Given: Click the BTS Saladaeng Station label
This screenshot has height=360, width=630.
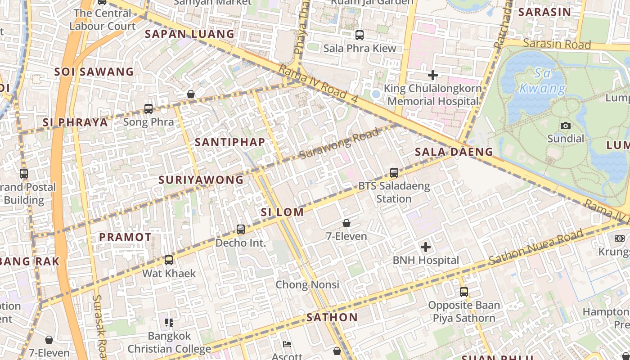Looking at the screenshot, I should point(394,192).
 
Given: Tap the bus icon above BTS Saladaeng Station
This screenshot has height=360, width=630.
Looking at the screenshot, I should point(394,172).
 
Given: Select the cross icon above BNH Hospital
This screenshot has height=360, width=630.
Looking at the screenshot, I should point(426,247).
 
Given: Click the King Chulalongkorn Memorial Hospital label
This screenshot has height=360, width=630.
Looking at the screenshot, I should point(433,95).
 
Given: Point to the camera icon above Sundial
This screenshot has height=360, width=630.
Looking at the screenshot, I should point(566,126).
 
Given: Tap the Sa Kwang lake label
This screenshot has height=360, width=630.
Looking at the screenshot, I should point(542,81).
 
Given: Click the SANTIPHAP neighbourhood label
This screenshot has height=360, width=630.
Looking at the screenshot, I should point(230,142).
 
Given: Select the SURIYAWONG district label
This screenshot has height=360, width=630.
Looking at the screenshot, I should point(201,180).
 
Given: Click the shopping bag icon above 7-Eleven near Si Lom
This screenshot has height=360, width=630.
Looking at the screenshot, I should point(346,223).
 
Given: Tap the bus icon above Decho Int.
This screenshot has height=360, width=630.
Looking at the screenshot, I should point(241,229).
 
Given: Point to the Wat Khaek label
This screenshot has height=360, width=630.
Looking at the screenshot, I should point(169,273).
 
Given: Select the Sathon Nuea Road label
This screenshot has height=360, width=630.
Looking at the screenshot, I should point(535,247).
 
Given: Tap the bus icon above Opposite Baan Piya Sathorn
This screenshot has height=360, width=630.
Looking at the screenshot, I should point(464,292).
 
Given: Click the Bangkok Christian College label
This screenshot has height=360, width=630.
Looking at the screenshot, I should point(169,342).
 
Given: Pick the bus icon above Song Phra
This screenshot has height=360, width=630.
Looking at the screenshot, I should point(148,108).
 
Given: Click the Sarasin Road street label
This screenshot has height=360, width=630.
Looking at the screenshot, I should point(557,44).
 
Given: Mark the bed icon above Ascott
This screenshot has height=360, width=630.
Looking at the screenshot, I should point(287,344).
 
